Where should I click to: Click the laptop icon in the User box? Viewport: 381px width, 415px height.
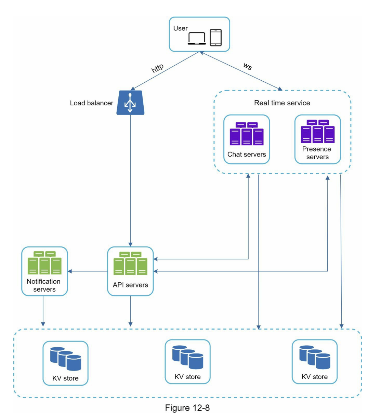[197, 38]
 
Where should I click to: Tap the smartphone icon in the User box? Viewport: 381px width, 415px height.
[215, 37]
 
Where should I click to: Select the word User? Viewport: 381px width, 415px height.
[180, 28]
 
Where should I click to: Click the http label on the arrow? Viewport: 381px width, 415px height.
[157, 68]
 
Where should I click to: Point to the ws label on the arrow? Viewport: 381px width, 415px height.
[248, 66]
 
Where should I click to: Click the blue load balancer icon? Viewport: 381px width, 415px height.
[130, 103]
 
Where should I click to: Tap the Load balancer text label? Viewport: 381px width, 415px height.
[91, 103]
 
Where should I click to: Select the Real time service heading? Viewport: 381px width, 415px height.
[282, 103]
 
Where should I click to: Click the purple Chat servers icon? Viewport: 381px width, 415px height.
[247, 134]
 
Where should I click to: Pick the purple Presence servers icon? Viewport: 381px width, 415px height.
[317, 132]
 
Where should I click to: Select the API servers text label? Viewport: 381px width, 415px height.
[130, 285]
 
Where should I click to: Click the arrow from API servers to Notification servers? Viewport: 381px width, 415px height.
[88, 271]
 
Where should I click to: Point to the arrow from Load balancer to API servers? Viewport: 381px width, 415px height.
[130, 181]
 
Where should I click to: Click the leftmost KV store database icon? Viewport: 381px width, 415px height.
[65, 359]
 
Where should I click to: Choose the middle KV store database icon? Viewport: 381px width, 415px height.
[187, 357]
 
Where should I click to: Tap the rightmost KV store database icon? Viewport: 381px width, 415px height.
[315, 357]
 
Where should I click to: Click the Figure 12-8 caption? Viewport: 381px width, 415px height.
[187, 408]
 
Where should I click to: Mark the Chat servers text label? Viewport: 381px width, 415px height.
[247, 155]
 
